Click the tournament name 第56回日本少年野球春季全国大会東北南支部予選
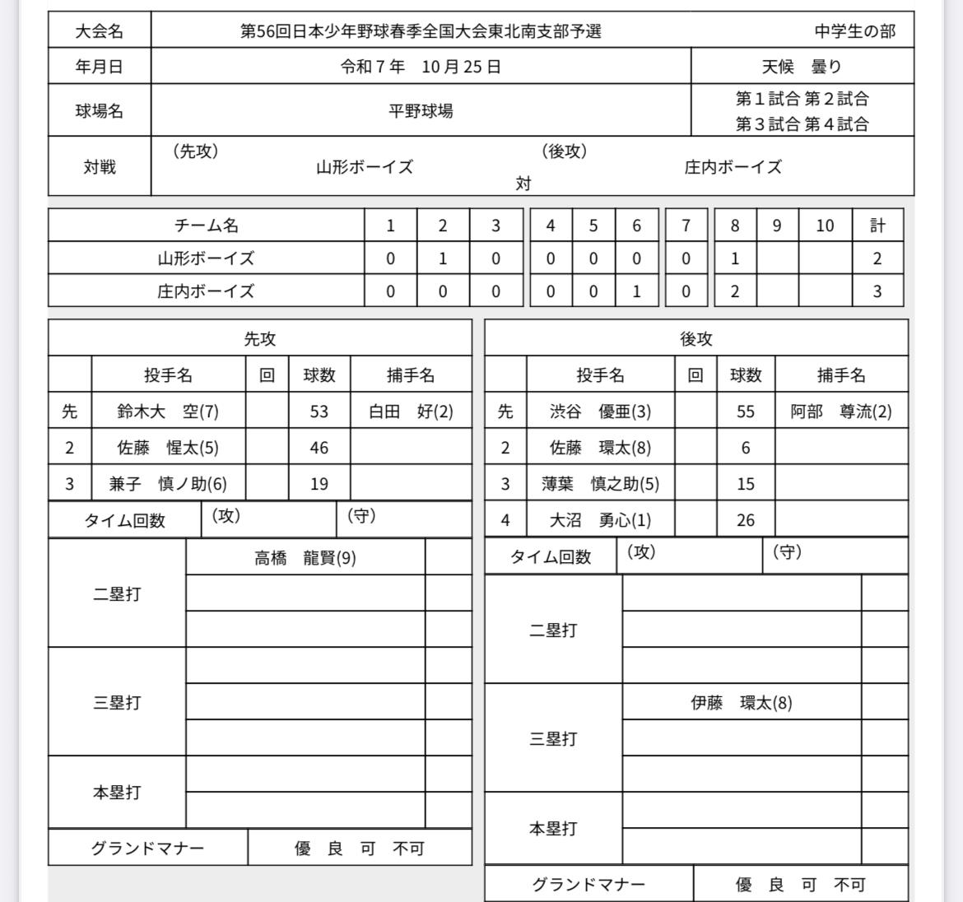click(x=421, y=31)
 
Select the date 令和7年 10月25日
click(x=421, y=67)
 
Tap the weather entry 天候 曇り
click(x=801, y=67)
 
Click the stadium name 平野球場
click(x=421, y=110)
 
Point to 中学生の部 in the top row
click(x=855, y=31)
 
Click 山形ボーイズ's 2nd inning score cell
click(x=443, y=258)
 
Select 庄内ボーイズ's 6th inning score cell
click(x=636, y=291)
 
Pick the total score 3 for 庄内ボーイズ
click(x=877, y=291)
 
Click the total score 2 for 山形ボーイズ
click(x=877, y=258)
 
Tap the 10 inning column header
click(x=825, y=225)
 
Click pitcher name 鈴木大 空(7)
click(x=168, y=411)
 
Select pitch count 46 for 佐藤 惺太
click(x=319, y=448)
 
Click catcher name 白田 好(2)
click(x=411, y=411)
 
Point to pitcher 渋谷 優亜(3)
click(x=600, y=411)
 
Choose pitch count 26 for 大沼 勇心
click(x=745, y=520)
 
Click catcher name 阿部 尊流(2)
click(x=840, y=411)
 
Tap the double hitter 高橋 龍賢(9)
click(x=305, y=558)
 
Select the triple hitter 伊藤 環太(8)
click(x=741, y=703)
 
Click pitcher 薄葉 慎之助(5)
click(x=600, y=484)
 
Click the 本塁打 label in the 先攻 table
click(x=117, y=793)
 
